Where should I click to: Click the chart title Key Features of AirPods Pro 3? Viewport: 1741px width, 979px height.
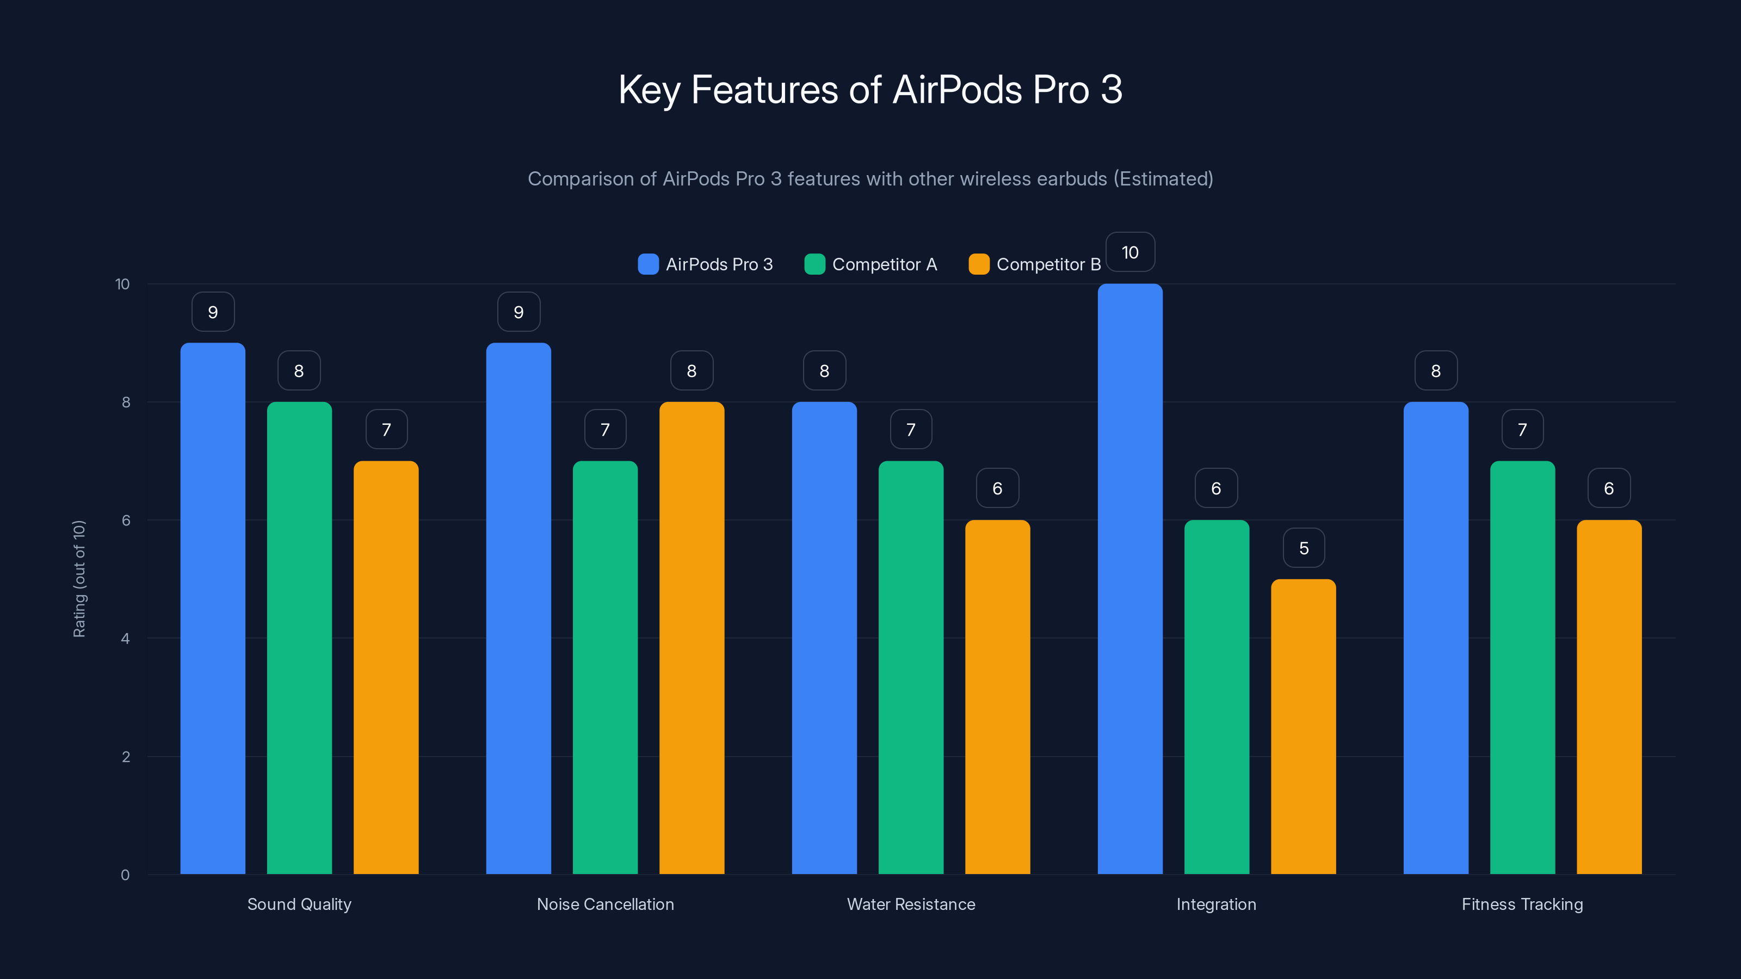coord(870,90)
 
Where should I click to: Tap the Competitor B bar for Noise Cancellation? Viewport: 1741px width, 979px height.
coord(692,638)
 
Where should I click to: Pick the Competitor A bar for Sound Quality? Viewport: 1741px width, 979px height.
coord(299,638)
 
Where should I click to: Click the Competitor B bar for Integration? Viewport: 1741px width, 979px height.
coord(1303,726)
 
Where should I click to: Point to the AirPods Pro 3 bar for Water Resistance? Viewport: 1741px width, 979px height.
coord(824,638)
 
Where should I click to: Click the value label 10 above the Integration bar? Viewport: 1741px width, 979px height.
coord(1129,253)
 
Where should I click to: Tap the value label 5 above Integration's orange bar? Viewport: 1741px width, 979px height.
coord(1304,548)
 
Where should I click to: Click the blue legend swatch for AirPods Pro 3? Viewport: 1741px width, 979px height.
coord(647,264)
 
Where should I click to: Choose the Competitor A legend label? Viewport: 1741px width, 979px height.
coord(884,264)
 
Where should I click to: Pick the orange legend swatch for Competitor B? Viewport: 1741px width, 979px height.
coord(979,264)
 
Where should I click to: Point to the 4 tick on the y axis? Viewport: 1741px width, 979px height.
coord(126,639)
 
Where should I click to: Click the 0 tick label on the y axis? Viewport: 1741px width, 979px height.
coord(126,875)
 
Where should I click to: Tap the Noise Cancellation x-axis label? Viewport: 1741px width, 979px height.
coord(605,904)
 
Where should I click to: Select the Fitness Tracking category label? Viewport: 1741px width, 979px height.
coord(1522,904)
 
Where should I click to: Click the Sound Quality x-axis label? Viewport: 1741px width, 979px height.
coord(299,904)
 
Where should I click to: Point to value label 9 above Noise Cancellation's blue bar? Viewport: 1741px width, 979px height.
coord(518,312)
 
